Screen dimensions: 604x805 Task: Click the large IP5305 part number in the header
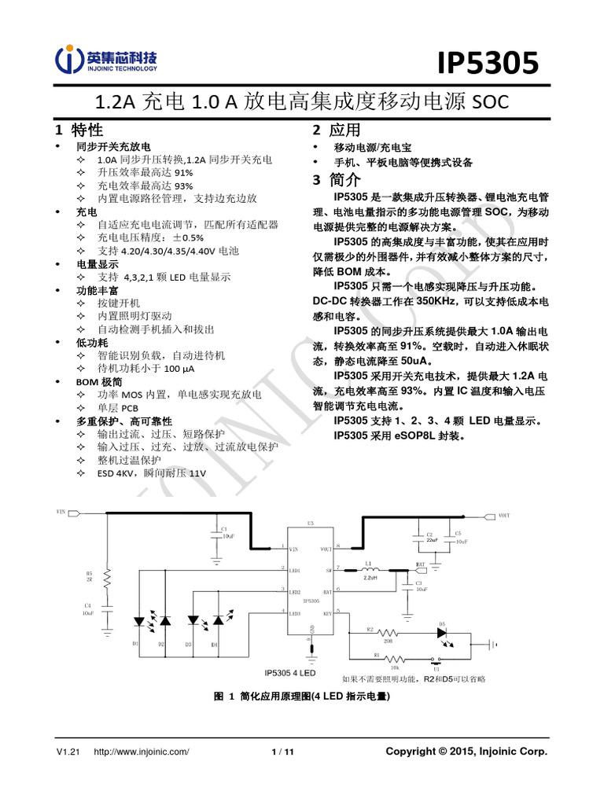[488, 63]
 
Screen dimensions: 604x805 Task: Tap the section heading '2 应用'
[336, 130]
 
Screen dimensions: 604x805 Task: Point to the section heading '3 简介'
[336, 180]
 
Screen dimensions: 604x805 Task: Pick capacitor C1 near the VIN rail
[215, 535]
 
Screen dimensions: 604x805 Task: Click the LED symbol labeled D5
[443, 631]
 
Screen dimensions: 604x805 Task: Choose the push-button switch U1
[434, 660]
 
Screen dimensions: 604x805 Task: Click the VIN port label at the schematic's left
[62, 512]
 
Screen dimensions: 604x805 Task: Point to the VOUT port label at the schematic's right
[504, 516]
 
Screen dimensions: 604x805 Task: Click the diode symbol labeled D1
[138, 621]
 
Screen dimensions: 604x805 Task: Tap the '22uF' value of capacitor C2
[432, 540]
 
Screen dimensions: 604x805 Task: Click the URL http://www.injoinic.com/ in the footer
[142, 752]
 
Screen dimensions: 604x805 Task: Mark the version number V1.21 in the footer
[69, 752]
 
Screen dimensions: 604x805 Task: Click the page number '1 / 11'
[282, 752]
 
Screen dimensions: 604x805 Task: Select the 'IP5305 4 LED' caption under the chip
[290, 673]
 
